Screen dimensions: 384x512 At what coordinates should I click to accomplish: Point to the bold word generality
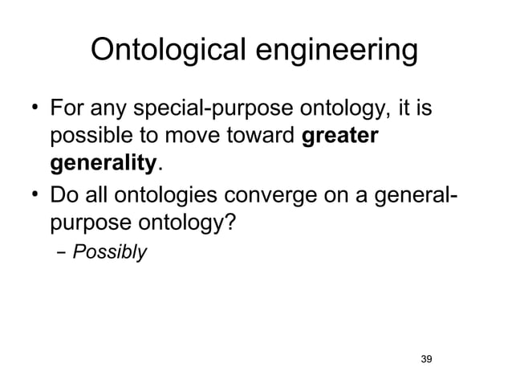(x=103, y=164)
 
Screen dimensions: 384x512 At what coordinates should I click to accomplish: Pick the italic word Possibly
(x=110, y=252)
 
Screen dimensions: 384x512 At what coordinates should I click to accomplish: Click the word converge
(x=299, y=194)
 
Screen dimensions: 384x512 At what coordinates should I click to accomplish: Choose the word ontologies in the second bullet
(x=187, y=194)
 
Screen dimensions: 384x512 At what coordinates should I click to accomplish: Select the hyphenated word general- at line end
(x=424, y=194)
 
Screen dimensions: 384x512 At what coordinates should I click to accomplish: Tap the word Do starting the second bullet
(x=64, y=194)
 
